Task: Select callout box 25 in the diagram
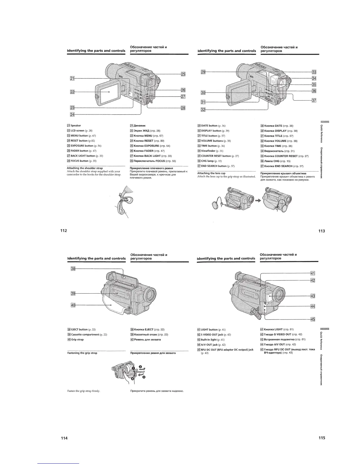(183, 74)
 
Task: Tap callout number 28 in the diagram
(183, 108)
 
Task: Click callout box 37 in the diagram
(314, 100)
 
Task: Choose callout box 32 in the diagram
(203, 110)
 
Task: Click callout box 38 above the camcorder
(73, 269)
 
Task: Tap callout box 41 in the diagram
(313, 274)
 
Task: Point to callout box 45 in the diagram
(313, 319)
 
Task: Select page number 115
(321, 438)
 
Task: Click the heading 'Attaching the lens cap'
(211, 173)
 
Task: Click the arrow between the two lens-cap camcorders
(258, 200)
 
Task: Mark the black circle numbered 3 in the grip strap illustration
(144, 377)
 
